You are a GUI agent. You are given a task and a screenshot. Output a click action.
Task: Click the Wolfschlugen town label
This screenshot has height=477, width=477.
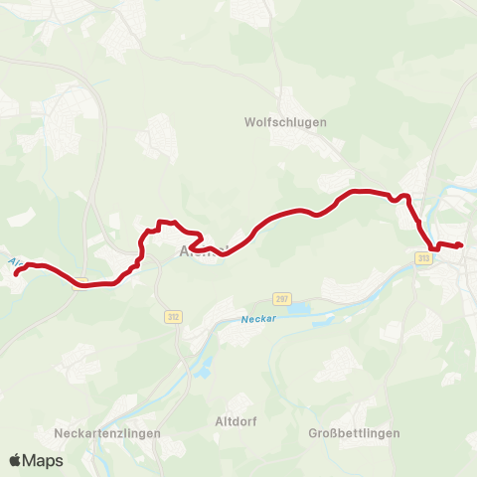[285, 122]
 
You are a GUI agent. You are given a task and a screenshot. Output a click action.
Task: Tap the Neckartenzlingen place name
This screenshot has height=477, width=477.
[100, 433]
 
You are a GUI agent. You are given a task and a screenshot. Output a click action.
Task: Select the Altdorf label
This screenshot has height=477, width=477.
[236, 421]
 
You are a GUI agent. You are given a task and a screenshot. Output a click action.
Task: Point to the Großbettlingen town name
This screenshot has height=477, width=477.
[354, 433]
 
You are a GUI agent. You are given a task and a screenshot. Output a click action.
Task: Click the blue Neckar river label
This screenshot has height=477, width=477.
[255, 320]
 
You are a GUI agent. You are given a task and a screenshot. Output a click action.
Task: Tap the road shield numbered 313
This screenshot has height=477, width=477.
[424, 258]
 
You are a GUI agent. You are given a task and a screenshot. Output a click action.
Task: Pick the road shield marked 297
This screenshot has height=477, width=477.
[282, 298]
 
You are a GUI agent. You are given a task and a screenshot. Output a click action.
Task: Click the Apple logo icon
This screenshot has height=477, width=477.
[16, 460]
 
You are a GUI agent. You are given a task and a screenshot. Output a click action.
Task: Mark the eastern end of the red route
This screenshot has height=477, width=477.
[461, 245]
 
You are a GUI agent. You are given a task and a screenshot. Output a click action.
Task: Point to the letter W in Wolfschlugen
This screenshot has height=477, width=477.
[249, 122]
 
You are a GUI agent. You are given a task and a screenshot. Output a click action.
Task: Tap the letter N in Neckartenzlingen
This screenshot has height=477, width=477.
[59, 433]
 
